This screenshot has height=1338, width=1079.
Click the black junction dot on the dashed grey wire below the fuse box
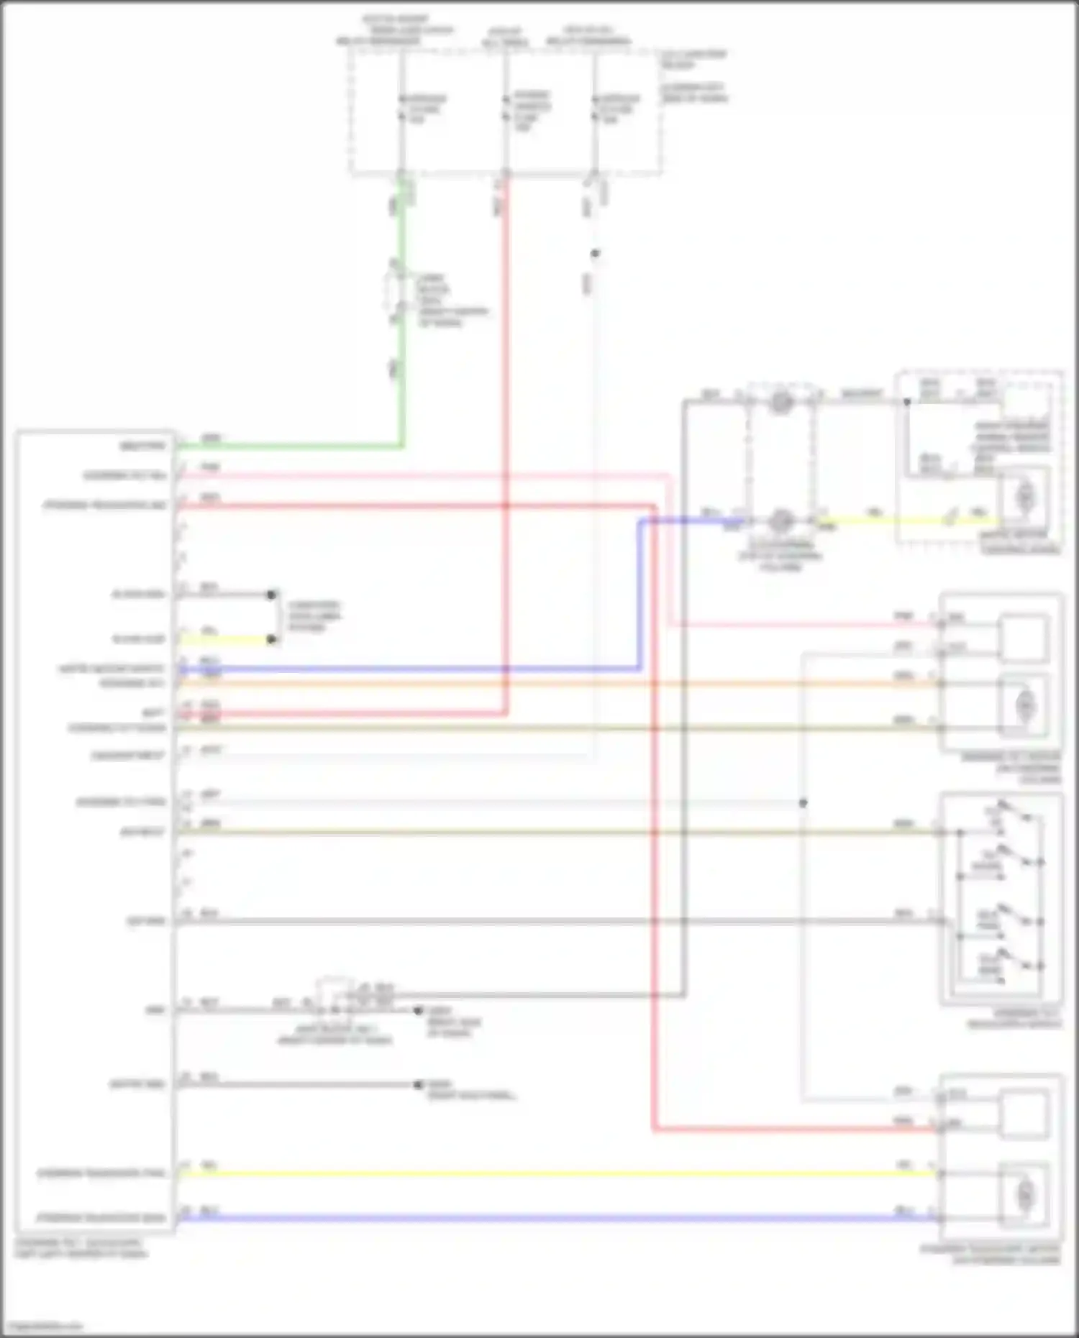(x=595, y=253)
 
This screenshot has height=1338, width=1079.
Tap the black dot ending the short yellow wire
(x=271, y=639)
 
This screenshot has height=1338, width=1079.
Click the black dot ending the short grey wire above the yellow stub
(x=271, y=595)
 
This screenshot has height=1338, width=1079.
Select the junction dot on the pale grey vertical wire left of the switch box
(x=803, y=802)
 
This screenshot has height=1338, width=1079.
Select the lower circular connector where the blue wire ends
(x=781, y=520)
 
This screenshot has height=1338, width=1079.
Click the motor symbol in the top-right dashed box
(x=1024, y=496)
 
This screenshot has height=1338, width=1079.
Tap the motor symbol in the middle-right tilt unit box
(x=1024, y=706)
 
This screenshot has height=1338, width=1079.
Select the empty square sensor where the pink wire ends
(x=1024, y=638)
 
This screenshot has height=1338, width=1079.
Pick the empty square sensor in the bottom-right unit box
(x=1024, y=1114)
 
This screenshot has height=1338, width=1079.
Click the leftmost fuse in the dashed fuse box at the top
(x=401, y=108)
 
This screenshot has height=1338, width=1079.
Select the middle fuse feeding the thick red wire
(x=506, y=108)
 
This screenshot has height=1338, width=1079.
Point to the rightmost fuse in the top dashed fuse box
(x=595, y=108)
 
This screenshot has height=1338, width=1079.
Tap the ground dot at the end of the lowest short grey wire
(x=418, y=1084)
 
